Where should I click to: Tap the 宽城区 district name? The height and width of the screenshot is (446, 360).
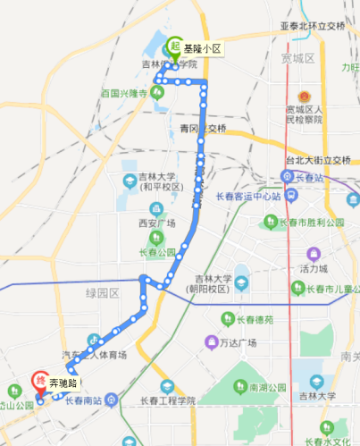click(297, 58)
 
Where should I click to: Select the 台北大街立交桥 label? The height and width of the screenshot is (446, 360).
click(318, 161)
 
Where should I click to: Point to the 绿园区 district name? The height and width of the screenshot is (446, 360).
click(103, 292)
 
